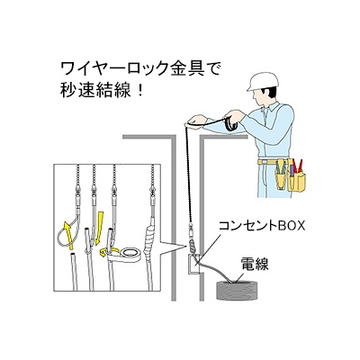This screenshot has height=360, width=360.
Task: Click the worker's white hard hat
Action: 263,81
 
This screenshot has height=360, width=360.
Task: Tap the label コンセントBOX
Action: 262,226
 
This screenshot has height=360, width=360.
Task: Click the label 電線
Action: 255,264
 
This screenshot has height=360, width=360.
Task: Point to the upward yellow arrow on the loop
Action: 69,235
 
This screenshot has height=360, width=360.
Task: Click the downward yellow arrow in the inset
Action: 99,228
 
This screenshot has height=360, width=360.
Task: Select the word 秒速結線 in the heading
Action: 95,90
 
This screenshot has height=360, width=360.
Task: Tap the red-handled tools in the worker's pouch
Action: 298,166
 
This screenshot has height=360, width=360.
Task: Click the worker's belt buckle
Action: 263,162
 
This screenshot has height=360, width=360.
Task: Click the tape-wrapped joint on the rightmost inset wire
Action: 148,240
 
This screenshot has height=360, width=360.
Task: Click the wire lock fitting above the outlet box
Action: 192,239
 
